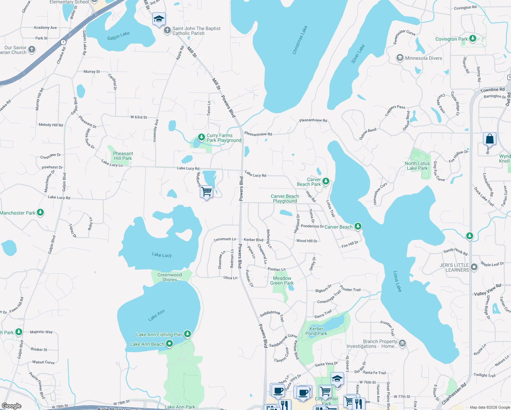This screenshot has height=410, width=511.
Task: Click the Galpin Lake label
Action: (118, 36)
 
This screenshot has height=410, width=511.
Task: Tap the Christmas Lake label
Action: (300, 40)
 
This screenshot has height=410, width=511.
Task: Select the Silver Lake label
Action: (358, 54)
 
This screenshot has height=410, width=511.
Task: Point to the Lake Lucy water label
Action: (162, 255)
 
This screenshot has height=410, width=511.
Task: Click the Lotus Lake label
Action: (397, 281)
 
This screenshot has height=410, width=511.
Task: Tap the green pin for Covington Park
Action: (473, 38)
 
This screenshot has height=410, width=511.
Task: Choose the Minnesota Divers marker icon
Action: (400, 58)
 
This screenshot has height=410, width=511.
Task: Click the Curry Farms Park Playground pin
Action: (202, 137)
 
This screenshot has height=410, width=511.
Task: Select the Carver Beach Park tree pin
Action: (326, 181)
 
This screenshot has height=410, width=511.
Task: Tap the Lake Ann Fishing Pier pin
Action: (187, 334)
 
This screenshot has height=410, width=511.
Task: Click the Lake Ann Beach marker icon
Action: (169, 344)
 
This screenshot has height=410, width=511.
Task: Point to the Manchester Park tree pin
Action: (40, 213)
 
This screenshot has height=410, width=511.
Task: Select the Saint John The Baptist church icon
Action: (167, 31)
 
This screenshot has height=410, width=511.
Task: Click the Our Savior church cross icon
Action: (31, 50)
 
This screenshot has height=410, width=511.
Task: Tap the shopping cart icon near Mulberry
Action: (206, 192)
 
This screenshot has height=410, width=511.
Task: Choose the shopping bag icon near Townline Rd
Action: (489, 139)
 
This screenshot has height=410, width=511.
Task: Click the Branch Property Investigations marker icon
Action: (402, 343)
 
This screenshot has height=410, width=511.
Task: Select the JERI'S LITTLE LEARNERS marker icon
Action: (474, 267)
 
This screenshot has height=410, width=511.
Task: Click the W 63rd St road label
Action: (139, 117)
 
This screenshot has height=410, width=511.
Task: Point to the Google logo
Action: (12, 406)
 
